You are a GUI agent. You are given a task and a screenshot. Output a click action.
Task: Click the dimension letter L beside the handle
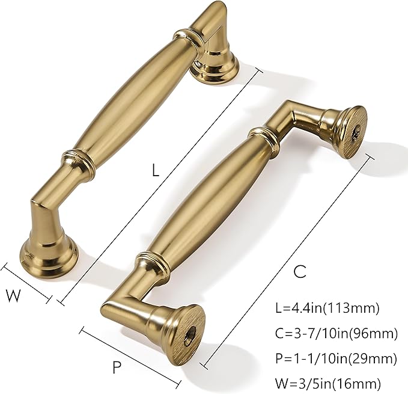(x=155, y=170)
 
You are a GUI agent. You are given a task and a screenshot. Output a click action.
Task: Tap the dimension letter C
(x=300, y=271)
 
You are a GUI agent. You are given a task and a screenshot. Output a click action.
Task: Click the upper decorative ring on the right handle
(x=263, y=136)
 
